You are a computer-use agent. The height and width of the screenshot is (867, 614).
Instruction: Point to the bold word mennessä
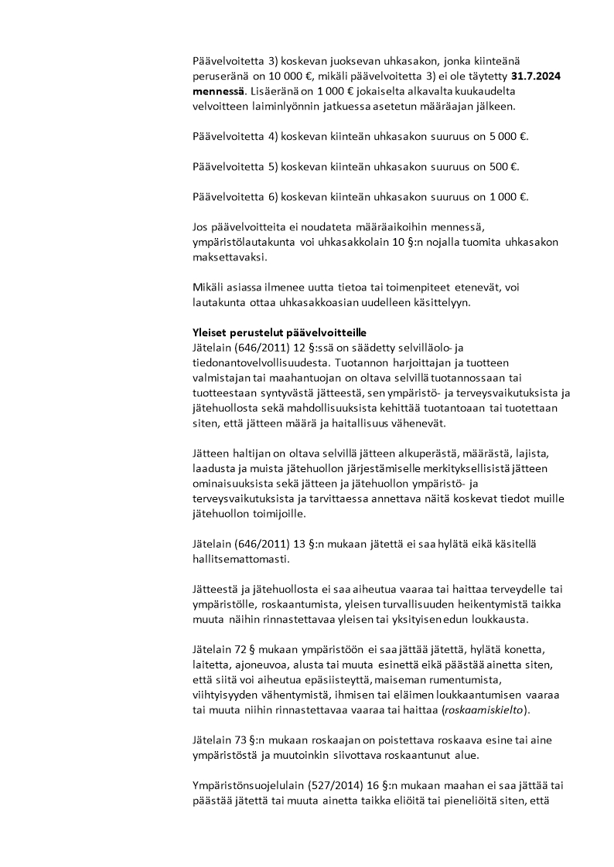click(x=215, y=93)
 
